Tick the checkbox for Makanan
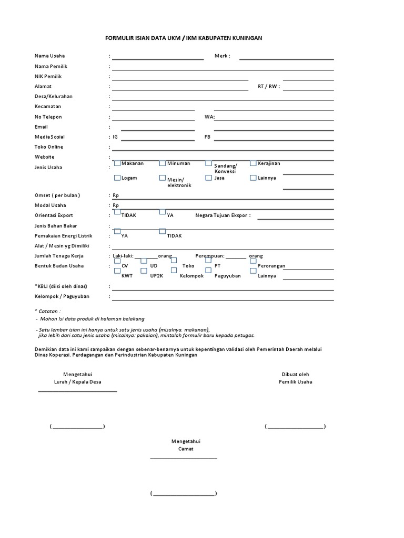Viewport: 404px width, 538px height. pyautogui.click(x=117, y=163)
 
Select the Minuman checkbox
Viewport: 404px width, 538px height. pyautogui.click(x=163, y=163)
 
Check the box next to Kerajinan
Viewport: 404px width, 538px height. pyautogui.click(x=253, y=163)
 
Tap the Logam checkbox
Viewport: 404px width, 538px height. pyautogui.click(x=117, y=178)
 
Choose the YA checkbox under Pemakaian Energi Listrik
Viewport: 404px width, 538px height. pyautogui.click(x=117, y=232)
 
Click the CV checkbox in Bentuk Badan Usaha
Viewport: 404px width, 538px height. pyautogui.click(x=117, y=261)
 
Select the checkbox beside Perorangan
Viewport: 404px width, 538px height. pyautogui.click(x=253, y=261)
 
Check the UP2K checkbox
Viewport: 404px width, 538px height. pyautogui.click(x=144, y=271)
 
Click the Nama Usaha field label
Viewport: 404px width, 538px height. pyautogui.click(x=50, y=56)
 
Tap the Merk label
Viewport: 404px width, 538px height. pyautogui.click(x=222, y=56)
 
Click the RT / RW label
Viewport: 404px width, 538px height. pyautogui.click(x=268, y=87)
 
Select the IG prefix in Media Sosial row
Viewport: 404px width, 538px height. pyautogui.click(x=115, y=137)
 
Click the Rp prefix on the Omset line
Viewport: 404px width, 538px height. pyautogui.click(x=116, y=195)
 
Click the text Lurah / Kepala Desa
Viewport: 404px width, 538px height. pyautogui.click(x=77, y=382)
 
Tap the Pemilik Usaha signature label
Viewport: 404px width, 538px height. pyautogui.click(x=295, y=382)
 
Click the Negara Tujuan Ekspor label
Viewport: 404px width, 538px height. pyautogui.click(x=223, y=215)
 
